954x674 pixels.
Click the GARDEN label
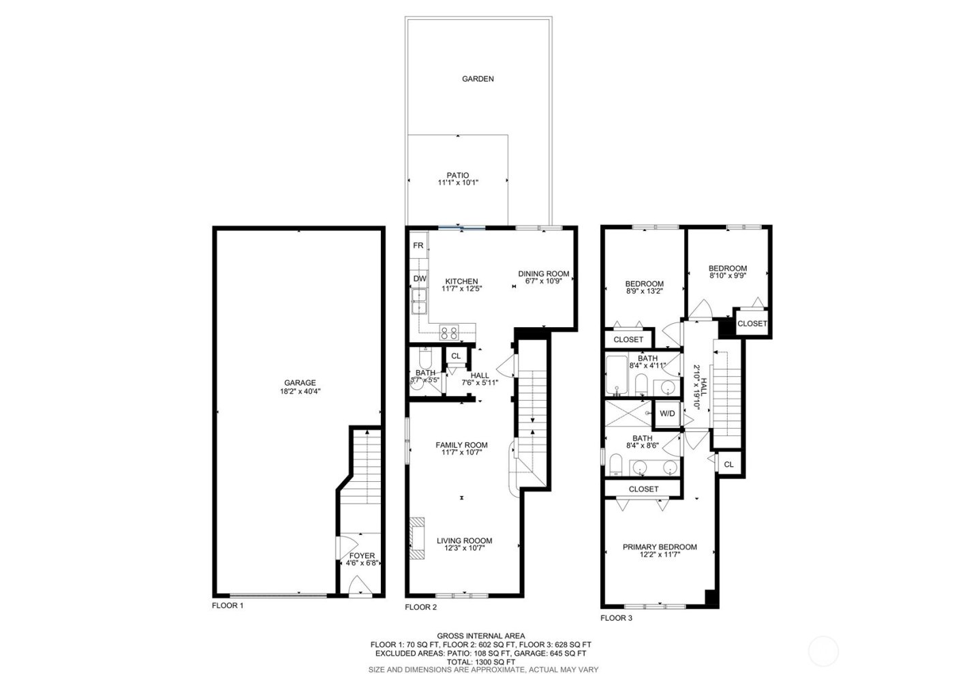tap(478, 78)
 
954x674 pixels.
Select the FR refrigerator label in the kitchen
tap(418, 245)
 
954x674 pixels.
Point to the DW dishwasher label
tap(419, 279)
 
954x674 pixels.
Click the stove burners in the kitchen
tap(449, 333)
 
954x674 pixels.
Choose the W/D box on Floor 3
tap(666, 413)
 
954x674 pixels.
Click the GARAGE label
tap(300, 383)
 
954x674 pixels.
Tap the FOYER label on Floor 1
tap(361, 555)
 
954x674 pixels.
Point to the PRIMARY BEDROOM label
tap(660, 547)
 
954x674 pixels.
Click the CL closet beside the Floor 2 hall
tap(456, 356)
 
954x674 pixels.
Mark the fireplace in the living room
tap(416, 538)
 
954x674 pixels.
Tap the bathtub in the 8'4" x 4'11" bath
tap(617, 374)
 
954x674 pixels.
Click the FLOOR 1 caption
tap(228, 605)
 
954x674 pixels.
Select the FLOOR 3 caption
tap(616, 618)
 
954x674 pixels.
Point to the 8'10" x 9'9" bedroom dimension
tap(727, 276)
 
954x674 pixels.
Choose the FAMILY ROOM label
tap(461, 445)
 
